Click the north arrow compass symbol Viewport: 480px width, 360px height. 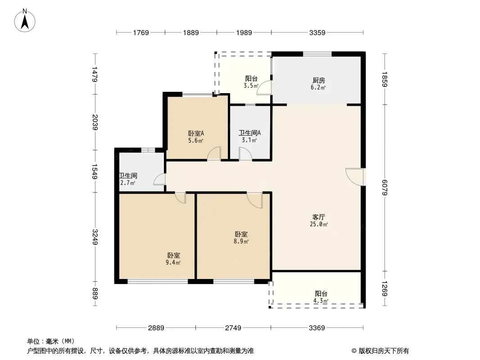tap(25, 21)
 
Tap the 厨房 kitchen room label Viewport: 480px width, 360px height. tap(318, 81)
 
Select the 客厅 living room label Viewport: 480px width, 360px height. tap(318, 217)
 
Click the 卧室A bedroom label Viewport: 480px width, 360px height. tap(196, 134)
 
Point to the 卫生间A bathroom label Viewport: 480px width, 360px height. tap(249, 133)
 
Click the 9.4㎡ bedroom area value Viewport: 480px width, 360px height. tap(173, 262)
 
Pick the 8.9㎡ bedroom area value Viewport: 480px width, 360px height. tap(241, 241)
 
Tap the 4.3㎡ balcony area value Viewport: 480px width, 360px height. tap(321, 301)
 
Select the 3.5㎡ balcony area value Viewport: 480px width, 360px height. tap(251, 85)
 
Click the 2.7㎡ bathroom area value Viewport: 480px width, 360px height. tap(127, 183)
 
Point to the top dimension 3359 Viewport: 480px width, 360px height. tap(317, 32)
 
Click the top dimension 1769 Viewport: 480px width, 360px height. tap(141, 32)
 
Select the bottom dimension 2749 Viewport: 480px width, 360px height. tap(233, 328)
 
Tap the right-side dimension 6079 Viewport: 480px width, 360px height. tap(385, 187)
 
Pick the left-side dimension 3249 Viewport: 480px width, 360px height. tap(95, 237)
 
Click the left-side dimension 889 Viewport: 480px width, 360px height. tap(95, 294)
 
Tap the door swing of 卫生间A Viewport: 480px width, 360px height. tap(245, 153)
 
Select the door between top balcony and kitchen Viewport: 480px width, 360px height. tap(264, 88)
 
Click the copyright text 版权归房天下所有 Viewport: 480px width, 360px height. tap(384, 351)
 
